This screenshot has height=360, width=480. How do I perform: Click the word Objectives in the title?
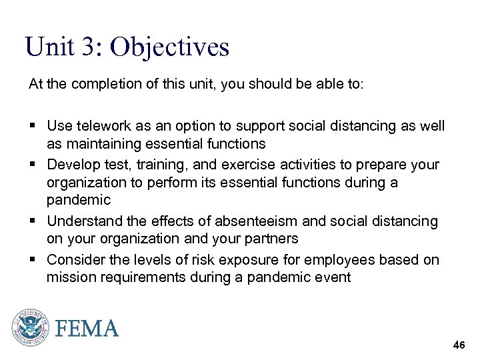point(169,47)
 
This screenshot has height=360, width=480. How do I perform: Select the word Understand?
point(86,221)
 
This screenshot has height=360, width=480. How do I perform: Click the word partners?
point(269,238)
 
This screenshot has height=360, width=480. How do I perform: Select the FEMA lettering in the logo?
point(87,329)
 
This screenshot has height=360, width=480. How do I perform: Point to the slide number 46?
point(459,345)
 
